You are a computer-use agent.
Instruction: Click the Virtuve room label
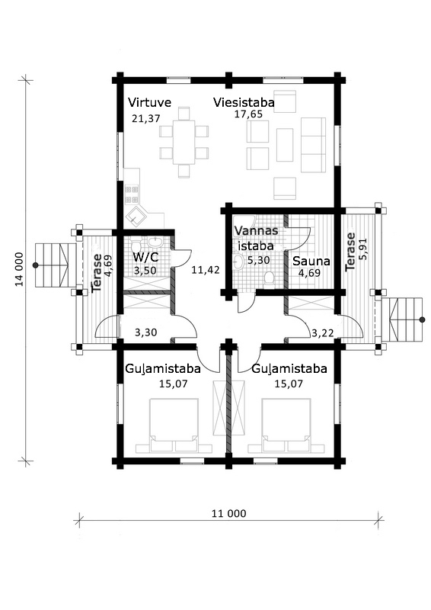pos(149,103)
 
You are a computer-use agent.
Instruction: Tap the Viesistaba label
pos(244,103)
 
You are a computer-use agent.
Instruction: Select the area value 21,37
pos(145,119)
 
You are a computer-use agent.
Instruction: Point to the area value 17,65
pos(248,114)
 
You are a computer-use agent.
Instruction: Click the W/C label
pos(145,257)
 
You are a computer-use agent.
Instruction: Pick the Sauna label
pos(311,261)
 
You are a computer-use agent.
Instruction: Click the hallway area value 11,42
pos(206,270)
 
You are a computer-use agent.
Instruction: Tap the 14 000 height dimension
pos(20,269)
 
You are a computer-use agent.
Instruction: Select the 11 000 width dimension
pos(229,513)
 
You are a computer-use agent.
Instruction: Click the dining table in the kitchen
pos(184,142)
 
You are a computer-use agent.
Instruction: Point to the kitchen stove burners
pos(132,194)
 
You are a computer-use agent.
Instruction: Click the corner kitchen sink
pos(137,217)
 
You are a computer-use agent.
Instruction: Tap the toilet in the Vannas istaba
pos(269,280)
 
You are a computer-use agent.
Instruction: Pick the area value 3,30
pos(145,332)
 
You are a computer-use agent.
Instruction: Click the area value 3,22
pos(322,332)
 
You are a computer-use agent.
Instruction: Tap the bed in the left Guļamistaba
pos(174,425)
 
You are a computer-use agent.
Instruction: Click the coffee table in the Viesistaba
pos(285,145)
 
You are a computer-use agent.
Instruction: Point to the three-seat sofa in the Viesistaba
pos(313,145)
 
